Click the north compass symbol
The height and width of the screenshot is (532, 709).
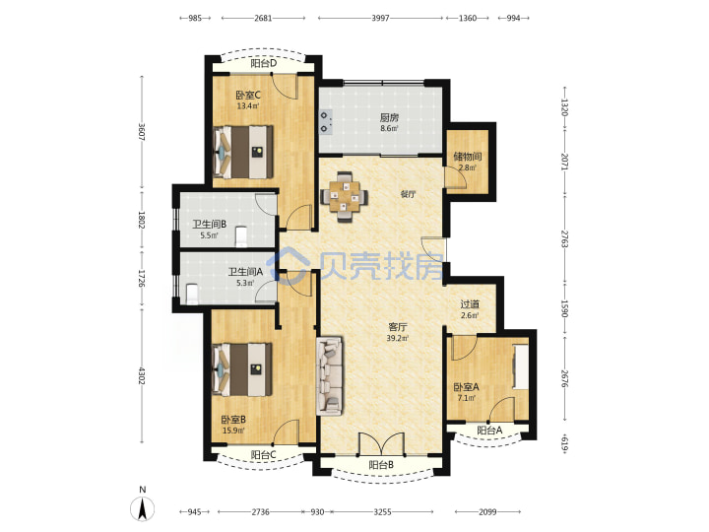[143, 504]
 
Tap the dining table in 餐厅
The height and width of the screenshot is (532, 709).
[345, 197]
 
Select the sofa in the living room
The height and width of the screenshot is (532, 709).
[329, 375]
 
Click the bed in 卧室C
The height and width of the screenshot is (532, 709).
[243, 152]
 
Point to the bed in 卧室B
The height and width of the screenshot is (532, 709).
[242, 369]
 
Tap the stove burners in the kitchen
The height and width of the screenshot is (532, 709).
[326, 122]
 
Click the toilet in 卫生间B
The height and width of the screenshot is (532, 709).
[241, 236]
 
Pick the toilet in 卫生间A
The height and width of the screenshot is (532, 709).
[192, 294]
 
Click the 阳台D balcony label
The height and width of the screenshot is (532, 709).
[264, 63]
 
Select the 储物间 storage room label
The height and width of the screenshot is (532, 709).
[468, 157]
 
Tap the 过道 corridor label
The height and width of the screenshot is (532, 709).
[470, 304]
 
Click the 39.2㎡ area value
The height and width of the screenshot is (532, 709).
[398, 338]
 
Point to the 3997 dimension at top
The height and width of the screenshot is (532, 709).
[380, 18]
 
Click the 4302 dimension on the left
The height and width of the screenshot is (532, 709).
[142, 376]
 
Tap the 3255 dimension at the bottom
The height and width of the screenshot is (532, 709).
[382, 512]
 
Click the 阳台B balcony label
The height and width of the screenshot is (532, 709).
[381, 465]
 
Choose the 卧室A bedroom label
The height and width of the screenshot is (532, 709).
[466, 387]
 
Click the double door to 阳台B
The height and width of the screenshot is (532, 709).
[382, 443]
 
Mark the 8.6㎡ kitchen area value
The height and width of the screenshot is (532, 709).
[389, 128]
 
